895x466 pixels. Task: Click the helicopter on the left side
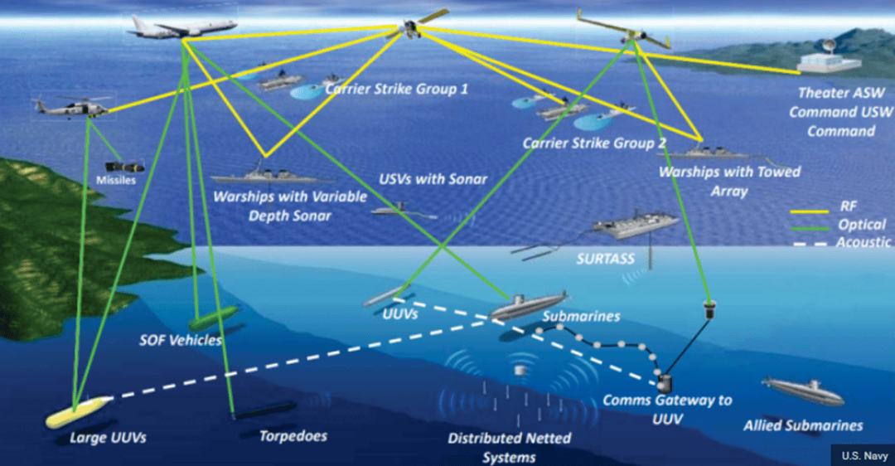70,108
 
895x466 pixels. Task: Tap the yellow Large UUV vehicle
76,411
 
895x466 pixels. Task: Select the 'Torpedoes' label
293,435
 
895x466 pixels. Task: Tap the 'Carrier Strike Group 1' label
396,88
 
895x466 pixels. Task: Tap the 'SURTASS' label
605,259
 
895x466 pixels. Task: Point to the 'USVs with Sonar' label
433,179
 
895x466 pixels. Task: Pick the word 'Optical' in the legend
862,225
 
